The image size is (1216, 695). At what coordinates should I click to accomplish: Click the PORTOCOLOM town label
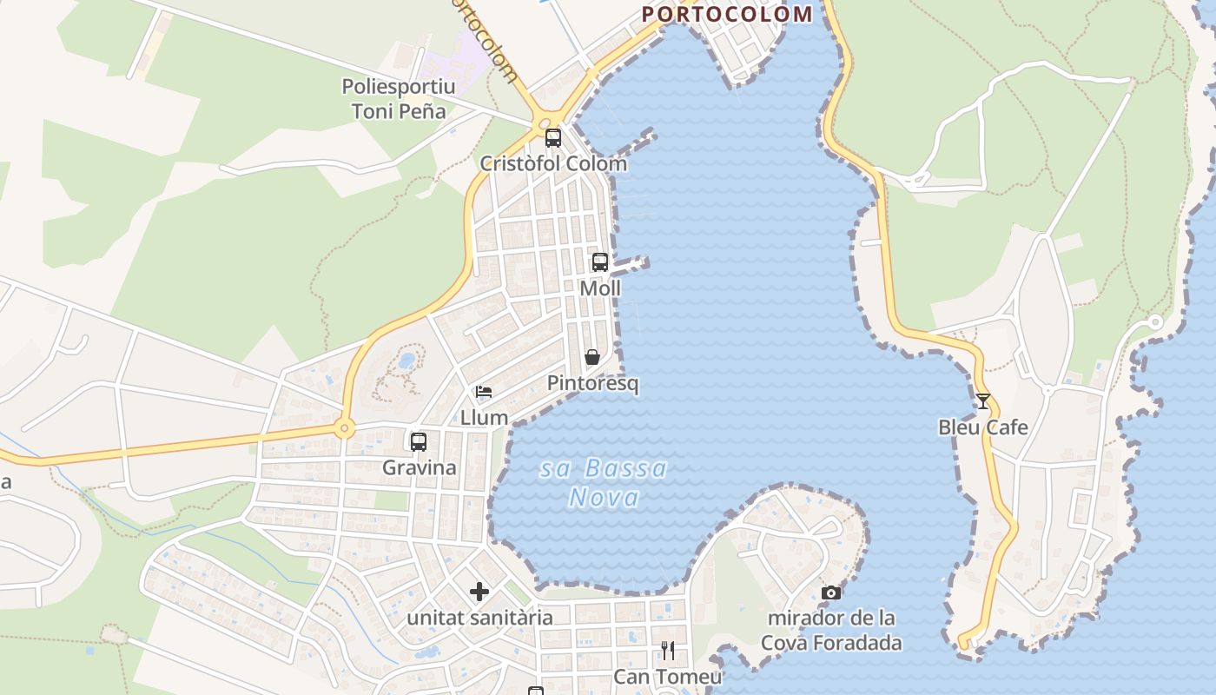click(x=727, y=14)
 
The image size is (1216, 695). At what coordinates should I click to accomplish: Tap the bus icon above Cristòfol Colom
click(x=553, y=137)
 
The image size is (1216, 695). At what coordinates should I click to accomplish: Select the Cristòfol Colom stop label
click(x=553, y=163)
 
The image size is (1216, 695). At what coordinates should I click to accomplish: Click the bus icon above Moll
click(x=600, y=261)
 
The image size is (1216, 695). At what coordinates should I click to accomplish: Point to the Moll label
click(x=600, y=288)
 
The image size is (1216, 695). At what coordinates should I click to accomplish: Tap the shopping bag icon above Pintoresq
click(x=592, y=357)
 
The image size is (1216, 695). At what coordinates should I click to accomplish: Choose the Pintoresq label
click(x=592, y=383)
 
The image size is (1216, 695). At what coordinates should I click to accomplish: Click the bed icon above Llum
click(x=484, y=392)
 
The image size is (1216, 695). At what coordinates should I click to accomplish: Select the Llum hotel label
click(x=484, y=417)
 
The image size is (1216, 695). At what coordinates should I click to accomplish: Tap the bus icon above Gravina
click(x=419, y=441)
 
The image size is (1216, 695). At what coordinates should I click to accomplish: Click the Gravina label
click(x=419, y=467)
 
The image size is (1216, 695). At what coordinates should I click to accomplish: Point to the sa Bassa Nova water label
click(x=605, y=483)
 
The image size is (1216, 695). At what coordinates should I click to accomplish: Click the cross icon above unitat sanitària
click(x=479, y=592)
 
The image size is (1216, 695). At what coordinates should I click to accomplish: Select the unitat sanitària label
click(x=479, y=618)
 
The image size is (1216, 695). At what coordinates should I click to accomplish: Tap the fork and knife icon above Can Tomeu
click(x=668, y=651)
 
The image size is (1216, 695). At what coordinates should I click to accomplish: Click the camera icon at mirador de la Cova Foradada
click(x=831, y=592)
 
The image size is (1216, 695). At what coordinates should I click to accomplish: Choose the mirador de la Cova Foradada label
click(x=831, y=631)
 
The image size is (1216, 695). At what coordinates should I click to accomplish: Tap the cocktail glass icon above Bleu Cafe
click(x=983, y=401)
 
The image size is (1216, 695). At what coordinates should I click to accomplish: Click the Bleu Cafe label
click(x=983, y=427)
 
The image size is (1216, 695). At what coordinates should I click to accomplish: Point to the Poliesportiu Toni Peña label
click(x=399, y=99)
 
